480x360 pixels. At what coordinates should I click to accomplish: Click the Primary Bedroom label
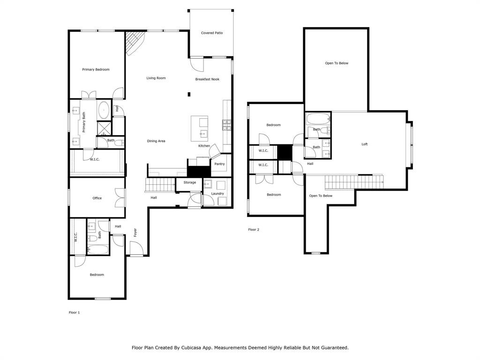click(96, 69)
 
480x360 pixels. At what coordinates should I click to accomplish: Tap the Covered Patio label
click(211, 33)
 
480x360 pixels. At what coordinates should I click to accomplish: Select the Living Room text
click(156, 78)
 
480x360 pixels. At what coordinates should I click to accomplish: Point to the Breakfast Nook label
click(207, 79)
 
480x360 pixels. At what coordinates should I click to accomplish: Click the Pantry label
click(219, 164)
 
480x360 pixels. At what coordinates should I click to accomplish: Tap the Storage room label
click(189, 182)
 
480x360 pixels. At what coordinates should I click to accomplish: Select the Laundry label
click(217, 193)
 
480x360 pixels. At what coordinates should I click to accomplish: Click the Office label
click(97, 198)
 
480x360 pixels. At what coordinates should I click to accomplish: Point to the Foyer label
click(135, 232)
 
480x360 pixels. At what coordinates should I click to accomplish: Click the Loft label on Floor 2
click(364, 144)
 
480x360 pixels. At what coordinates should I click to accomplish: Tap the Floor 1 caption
click(74, 312)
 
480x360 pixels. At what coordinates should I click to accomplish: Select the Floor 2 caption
click(253, 230)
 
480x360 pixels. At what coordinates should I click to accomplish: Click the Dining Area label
click(156, 141)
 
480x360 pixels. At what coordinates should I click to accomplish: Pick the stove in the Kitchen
click(226, 125)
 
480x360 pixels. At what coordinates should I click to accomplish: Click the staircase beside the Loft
click(353, 182)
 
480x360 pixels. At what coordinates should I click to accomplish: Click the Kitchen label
click(204, 146)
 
